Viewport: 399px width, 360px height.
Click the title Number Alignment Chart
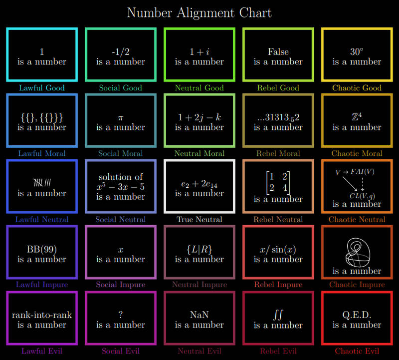click(199, 13)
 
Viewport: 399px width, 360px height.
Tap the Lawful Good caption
click(42, 88)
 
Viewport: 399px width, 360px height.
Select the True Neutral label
click(199, 219)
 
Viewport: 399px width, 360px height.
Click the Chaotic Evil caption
click(357, 351)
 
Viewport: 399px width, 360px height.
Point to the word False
click(278, 52)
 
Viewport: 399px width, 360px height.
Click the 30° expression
click(357, 52)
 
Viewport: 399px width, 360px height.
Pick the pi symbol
click(121, 118)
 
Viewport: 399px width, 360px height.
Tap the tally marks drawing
click(42, 182)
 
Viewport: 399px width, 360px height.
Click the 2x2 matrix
click(278, 182)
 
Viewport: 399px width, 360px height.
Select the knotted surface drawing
click(357, 252)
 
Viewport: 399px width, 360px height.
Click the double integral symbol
click(278, 315)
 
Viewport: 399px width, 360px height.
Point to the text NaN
click(199, 315)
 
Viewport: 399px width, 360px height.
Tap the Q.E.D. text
click(357, 315)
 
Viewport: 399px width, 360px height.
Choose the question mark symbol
click(121, 315)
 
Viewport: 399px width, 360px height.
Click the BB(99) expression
click(42, 249)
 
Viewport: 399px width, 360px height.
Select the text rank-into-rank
click(42, 315)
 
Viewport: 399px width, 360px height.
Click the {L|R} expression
click(199, 250)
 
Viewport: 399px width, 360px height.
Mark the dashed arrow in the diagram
click(363, 184)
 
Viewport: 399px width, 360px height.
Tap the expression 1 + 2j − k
click(199, 117)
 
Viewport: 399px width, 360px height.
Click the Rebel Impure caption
click(278, 284)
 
